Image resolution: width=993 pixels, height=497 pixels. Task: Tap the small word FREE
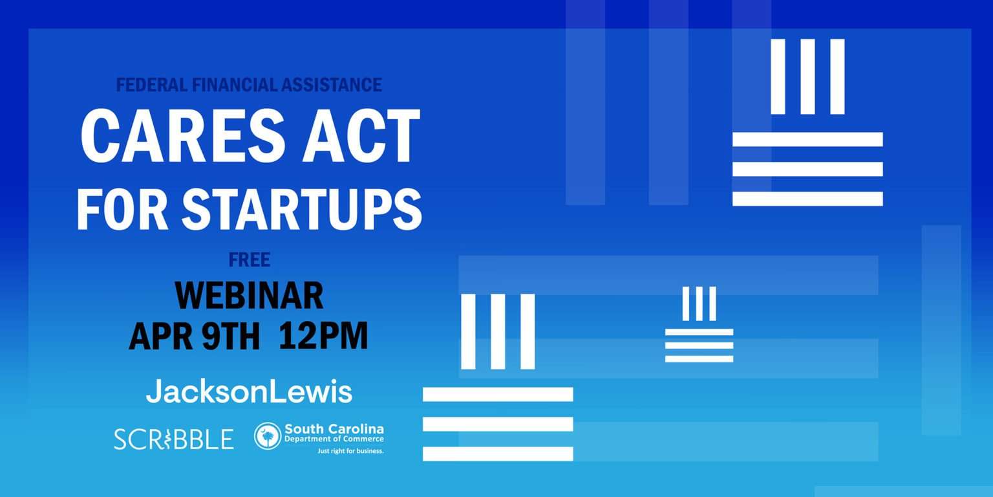(249, 260)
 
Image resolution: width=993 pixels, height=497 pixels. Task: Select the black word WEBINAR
(249, 296)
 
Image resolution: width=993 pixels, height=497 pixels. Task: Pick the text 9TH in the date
(231, 336)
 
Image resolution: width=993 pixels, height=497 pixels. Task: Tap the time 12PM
(324, 336)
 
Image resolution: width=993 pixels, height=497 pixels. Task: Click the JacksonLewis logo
(249, 392)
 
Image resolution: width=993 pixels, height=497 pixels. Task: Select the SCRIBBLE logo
(174, 439)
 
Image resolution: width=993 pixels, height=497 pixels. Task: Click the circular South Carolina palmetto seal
(268, 436)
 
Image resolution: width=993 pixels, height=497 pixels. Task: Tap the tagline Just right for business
(350, 451)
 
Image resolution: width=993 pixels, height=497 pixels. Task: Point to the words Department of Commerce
(334, 439)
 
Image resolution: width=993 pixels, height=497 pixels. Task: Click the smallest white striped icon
(699, 324)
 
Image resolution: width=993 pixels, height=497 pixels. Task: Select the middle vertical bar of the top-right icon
(807, 77)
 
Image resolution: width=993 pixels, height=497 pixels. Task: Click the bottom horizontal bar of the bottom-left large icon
(498, 454)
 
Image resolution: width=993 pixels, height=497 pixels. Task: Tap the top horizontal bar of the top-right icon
(807, 139)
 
